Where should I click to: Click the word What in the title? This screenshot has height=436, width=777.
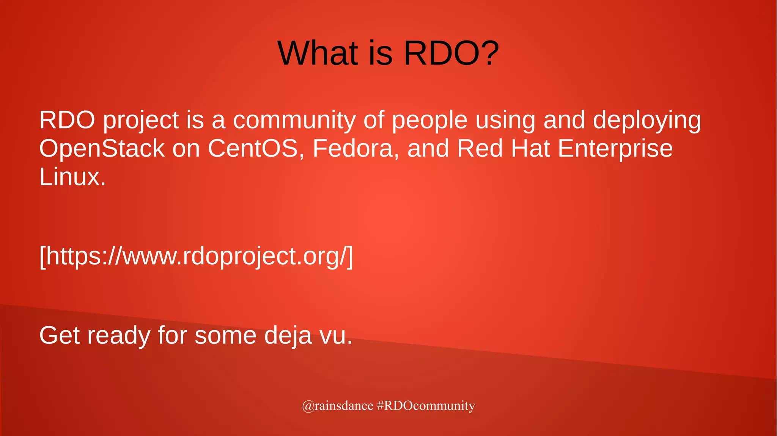click(x=318, y=53)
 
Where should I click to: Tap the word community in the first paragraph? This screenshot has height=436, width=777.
click(x=294, y=121)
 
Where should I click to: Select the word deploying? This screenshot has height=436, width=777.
click(x=646, y=121)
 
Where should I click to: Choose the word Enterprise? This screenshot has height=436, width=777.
click(x=615, y=149)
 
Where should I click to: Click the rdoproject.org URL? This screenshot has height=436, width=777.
click(x=196, y=257)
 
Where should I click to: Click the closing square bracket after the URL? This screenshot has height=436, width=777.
click(x=350, y=257)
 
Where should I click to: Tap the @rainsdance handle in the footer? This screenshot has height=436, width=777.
click(x=337, y=406)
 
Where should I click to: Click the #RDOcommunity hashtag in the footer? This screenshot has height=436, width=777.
click(x=426, y=406)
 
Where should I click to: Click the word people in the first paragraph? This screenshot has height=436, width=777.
click(x=429, y=121)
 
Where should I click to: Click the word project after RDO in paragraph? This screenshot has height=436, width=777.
click(x=141, y=121)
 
